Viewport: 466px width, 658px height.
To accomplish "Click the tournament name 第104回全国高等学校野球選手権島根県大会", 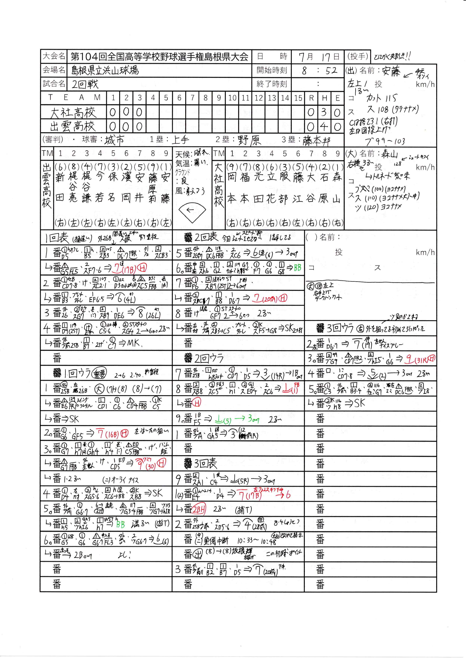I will coord(159,56).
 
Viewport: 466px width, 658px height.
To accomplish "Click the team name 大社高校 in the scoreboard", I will coord(73,113).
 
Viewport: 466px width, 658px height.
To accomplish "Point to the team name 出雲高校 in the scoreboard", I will coord(73,126).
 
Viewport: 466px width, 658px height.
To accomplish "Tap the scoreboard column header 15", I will coord(298,98).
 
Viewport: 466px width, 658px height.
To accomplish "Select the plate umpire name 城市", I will coord(114,140).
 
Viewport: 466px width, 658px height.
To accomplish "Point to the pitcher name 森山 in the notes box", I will coord(390,154).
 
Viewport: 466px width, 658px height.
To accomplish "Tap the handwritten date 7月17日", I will coord(318,57).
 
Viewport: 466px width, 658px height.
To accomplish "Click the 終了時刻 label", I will coord(271,84).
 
